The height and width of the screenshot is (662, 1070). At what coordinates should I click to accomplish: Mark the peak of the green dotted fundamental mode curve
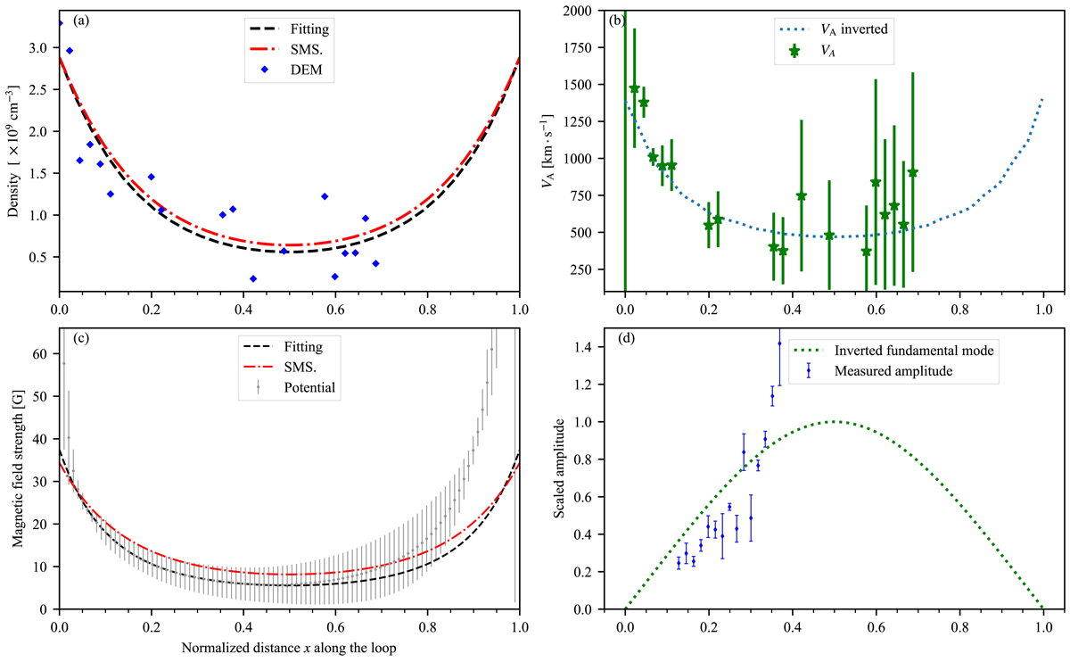click(x=834, y=421)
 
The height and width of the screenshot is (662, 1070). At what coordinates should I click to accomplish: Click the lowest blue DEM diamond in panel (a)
click(x=253, y=278)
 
